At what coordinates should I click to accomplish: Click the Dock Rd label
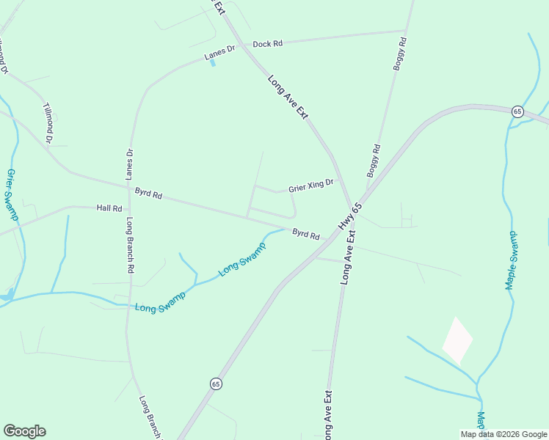(x=268, y=44)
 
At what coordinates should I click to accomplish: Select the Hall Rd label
(x=109, y=208)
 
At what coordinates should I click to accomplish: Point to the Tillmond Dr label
(x=49, y=122)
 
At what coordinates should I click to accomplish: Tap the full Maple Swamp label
(x=512, y=260)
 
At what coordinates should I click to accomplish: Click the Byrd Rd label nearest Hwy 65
(x=306, y=235)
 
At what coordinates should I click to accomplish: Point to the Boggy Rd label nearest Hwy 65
(x=374, y=161)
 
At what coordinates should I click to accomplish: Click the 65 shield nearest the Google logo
(x=215, y=384)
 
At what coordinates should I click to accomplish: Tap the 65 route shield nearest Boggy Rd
(x=517, y=111)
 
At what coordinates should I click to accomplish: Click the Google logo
(x=24, y=431)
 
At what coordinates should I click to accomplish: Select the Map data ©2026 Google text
(x=503, y=434)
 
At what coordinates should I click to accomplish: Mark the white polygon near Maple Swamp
(x=457, y=341)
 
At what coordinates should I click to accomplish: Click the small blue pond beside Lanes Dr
(x=213, y=63)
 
